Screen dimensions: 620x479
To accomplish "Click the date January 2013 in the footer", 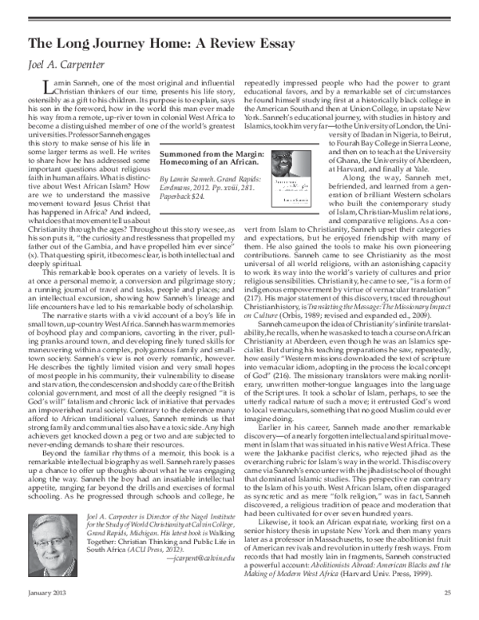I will click(49, 614).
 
